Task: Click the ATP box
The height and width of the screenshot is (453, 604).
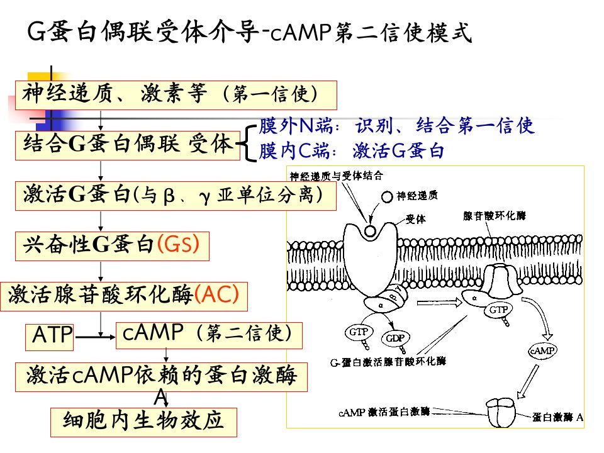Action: point(49,337)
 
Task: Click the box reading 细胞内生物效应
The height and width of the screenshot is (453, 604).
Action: point(143,422)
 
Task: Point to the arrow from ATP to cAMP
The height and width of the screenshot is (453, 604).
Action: point(95,337)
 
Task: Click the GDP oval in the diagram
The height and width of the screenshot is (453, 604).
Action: point(395,338)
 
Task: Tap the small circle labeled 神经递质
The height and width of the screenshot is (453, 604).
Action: point(387,197)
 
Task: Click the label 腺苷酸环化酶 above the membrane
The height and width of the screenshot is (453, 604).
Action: point(495,216)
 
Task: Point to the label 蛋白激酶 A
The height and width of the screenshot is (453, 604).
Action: point(557,417)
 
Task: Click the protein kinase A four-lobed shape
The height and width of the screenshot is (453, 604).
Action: point(500,412)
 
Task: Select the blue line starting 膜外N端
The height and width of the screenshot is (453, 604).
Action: point(396,126)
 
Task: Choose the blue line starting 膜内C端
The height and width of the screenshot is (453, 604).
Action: point(351,150)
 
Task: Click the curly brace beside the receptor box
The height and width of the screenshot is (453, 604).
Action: point(247,143)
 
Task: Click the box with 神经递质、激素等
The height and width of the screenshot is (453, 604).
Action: point(176,95)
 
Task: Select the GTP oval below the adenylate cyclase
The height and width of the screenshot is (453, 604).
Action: point(498,310)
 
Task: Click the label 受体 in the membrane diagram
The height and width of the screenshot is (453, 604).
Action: point(416,219)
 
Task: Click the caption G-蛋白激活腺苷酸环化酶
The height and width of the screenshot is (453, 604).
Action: point(388,362)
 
